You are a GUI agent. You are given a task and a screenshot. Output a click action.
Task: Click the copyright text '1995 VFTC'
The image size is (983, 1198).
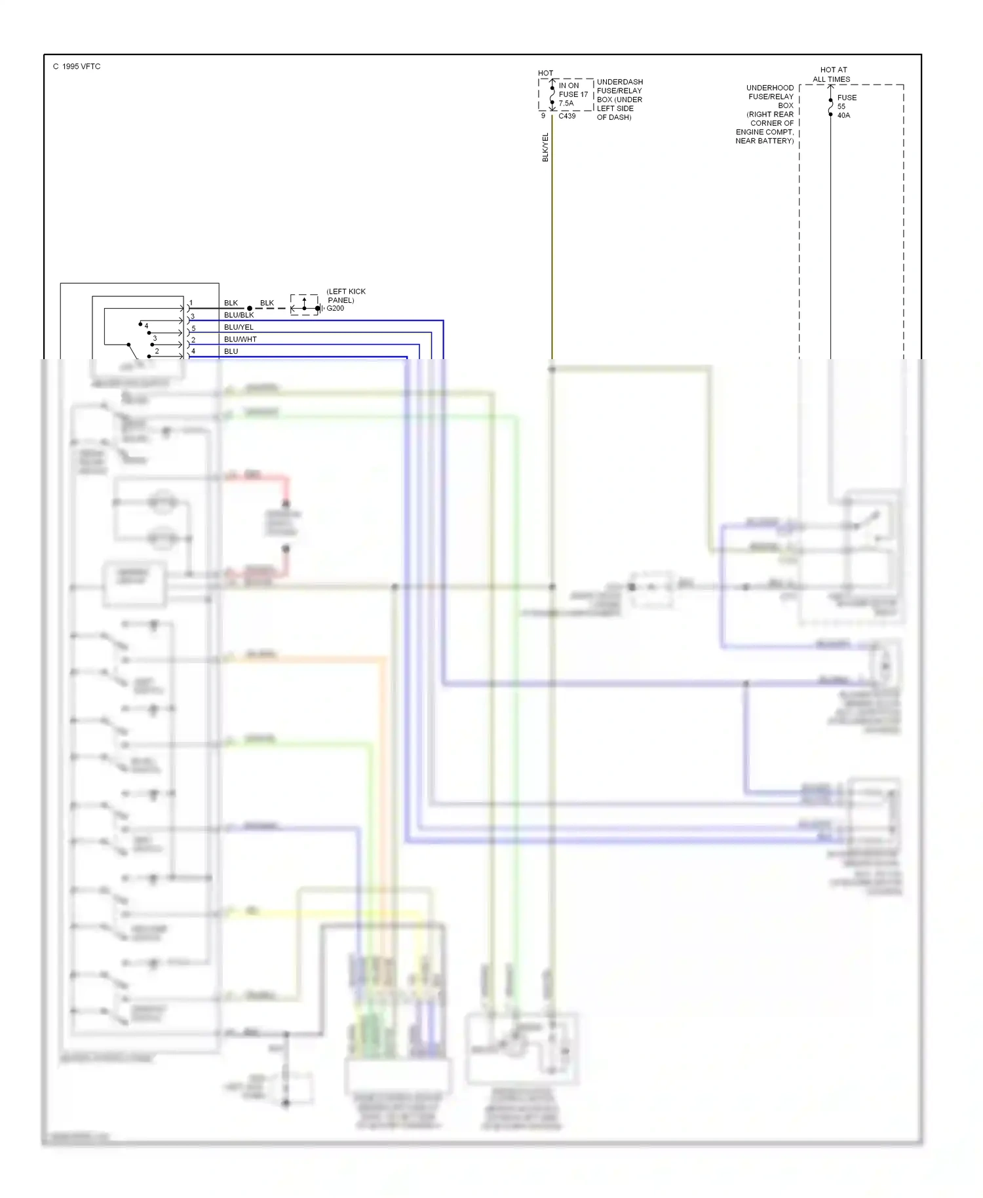point(81,67)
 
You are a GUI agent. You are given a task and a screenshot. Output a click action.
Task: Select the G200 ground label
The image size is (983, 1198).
point(336,308)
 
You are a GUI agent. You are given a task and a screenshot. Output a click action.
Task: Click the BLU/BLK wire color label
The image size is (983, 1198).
point(239,315)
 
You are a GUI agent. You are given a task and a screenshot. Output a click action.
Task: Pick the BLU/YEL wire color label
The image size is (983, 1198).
point(239,327)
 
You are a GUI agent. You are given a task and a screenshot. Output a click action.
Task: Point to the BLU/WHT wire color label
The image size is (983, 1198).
point(240,339)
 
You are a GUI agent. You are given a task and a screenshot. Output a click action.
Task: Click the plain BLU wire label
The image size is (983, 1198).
point(231,351)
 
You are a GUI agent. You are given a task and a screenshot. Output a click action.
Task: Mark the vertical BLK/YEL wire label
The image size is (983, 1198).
point(545,147)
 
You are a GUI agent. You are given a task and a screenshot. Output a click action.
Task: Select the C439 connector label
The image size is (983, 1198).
point(567,116)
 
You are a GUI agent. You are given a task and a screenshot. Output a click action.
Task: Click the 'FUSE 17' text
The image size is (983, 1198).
point(573,94)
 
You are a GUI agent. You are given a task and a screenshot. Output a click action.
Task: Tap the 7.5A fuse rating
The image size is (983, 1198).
point(566,103)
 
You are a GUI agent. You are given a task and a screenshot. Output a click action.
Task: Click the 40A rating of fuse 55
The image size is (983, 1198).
point(843,115)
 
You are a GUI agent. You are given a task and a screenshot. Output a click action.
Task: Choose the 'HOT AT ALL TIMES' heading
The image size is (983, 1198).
point(832,74)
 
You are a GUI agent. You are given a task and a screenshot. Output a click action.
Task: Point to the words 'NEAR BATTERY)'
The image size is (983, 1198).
point(764,141)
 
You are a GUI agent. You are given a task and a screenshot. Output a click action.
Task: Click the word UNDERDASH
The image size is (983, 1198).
point(620,82)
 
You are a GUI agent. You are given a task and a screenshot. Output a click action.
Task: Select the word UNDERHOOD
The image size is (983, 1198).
point(770,88)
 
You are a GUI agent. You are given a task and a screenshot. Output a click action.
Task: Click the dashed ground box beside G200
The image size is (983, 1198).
point(304,305)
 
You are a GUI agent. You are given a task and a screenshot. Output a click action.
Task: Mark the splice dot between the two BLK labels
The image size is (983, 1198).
point(250,308)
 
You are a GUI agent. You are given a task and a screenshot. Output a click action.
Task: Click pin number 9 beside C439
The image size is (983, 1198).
point(543,116)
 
